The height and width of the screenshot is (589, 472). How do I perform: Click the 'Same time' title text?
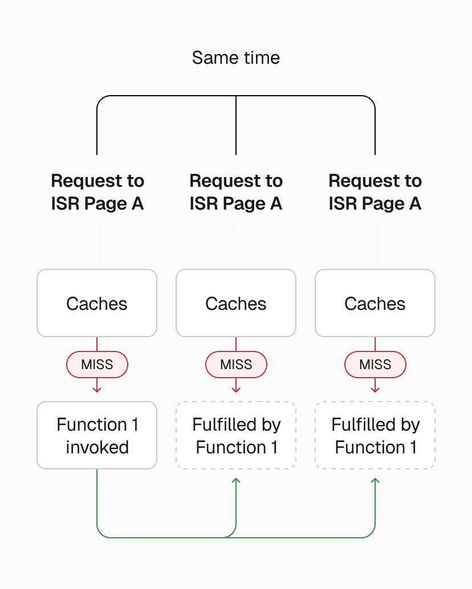[x=235, y=58]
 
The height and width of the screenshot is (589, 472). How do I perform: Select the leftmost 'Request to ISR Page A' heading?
[x=97, y=192]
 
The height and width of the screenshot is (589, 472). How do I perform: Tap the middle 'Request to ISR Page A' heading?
[x=235, y=192]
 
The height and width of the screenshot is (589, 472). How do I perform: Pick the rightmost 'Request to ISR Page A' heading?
[x=375, y=192]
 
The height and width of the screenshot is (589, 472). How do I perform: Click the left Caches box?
[x=97, y=303]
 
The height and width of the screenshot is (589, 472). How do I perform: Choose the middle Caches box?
[x=235, y=303]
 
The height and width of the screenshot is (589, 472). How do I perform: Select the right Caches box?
[x=375, y=303]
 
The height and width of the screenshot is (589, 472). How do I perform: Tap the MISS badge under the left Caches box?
[x=97, y=365]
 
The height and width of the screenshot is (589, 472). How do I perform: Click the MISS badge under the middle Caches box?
[x=235, y=365]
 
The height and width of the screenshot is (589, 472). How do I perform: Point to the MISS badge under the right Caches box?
[x=375, y=365]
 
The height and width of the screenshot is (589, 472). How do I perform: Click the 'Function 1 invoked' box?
[x=97, y=435]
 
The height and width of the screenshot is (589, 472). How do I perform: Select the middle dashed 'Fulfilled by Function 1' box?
[x=235, y=435]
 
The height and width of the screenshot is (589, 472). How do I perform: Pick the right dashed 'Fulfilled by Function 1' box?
[x=375, y=435]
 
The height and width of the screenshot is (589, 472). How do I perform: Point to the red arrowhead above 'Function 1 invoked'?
[x=97, y=389]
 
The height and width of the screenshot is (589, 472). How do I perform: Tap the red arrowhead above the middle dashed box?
[x=236, y=389]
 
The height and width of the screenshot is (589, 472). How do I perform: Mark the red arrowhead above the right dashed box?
[x=375, y=389]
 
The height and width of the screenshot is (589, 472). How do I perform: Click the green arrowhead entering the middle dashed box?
[x=236, y=481]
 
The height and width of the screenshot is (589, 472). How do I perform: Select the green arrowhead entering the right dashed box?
[x=375, y=481]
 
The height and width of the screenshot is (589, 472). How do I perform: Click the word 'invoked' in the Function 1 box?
[x=97, y=447]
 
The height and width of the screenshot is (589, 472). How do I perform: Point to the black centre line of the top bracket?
[x=236, y=125]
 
